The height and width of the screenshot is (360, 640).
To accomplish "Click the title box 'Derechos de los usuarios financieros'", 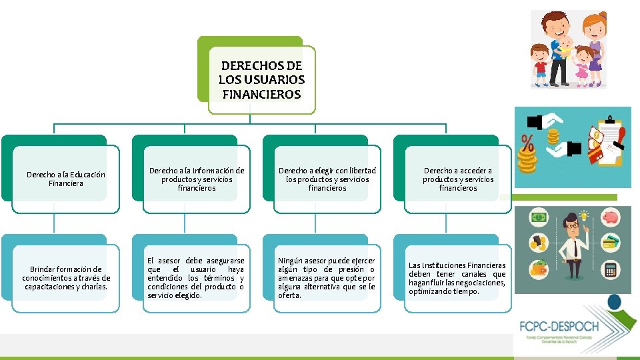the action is (261, 80).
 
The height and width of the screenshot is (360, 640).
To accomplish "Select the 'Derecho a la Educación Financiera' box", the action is (65, 179).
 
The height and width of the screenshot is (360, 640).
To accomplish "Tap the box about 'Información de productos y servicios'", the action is (196, 179).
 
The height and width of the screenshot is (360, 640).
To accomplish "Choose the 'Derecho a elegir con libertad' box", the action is (327, 179).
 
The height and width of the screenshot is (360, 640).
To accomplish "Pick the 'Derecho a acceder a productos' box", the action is (458, 179).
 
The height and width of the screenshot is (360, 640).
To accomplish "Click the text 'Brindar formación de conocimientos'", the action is (66, 278).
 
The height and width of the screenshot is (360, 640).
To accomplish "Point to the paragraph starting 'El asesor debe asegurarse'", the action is (196, 278).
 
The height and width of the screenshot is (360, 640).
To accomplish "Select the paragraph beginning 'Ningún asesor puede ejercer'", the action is (327, 278).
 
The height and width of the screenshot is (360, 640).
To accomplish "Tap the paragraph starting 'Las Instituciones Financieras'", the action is (457, 278).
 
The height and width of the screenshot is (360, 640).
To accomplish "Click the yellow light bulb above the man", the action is (585, 216).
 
